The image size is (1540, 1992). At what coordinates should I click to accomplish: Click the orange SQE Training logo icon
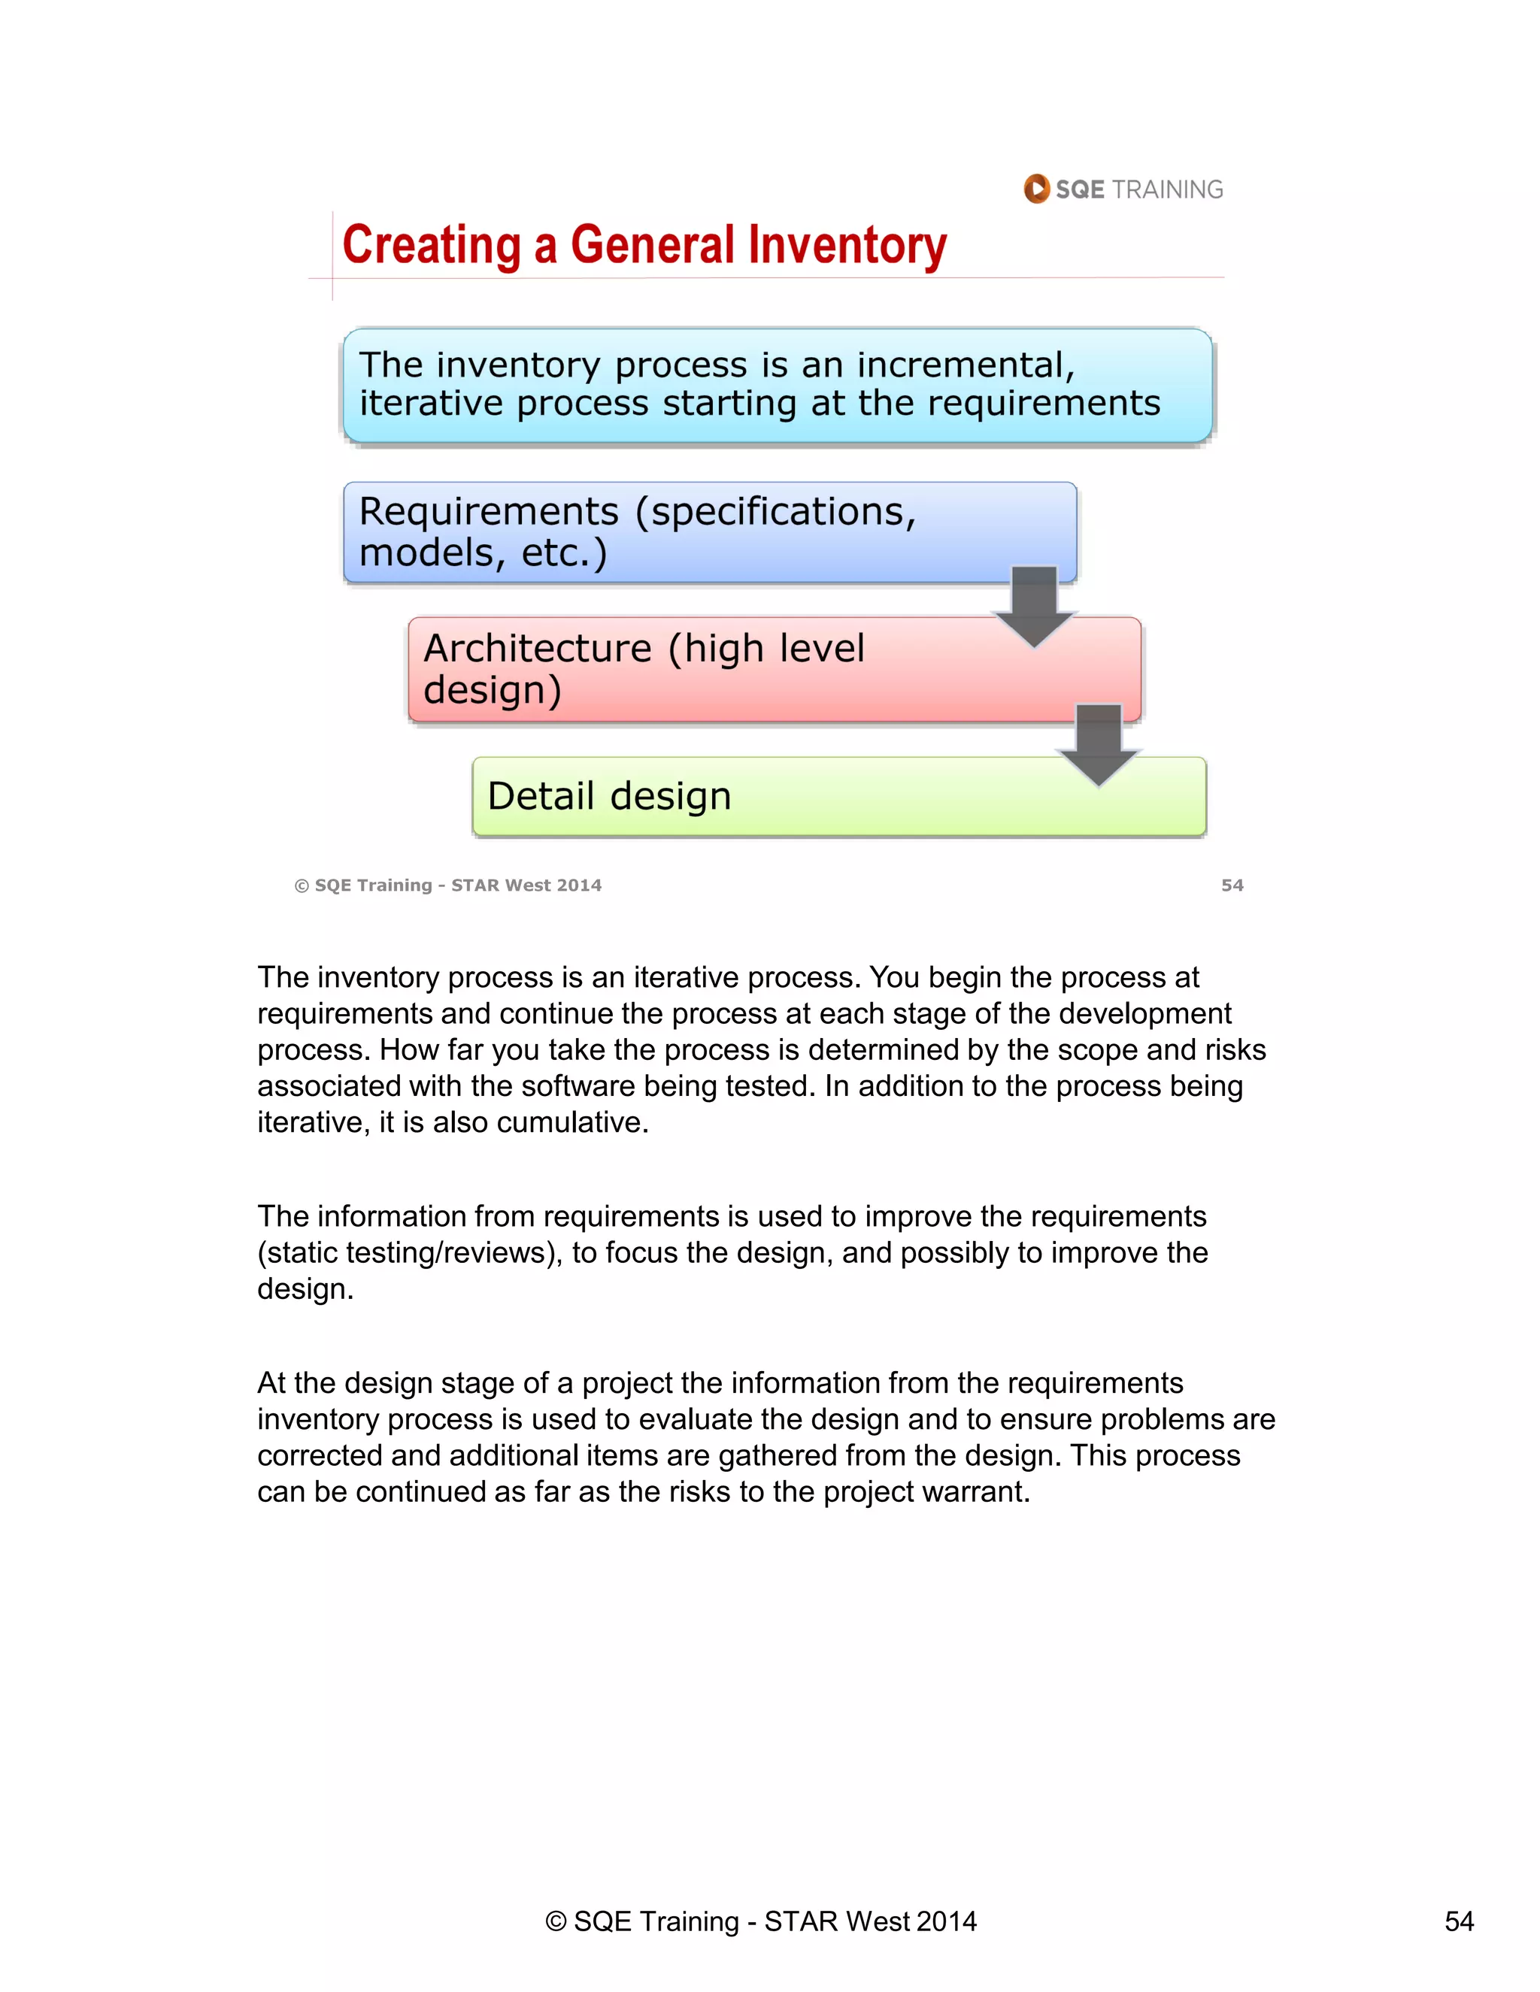click(x=1036, y=189)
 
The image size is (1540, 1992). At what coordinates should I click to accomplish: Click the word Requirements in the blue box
click(x=489, y=512)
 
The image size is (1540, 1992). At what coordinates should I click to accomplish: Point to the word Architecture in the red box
click(x=538, y=649)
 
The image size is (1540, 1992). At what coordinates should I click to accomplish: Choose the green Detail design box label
click(x=609, y=796)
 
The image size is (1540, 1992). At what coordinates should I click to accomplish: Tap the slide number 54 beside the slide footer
click(x=1232, y=885)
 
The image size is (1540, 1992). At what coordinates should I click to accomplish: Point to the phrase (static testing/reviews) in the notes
click(x=409, y=1253)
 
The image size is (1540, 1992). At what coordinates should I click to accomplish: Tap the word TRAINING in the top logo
click(x=1167, y=189)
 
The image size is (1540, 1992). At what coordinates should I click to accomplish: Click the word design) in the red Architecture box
click(x=493, y=691)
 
